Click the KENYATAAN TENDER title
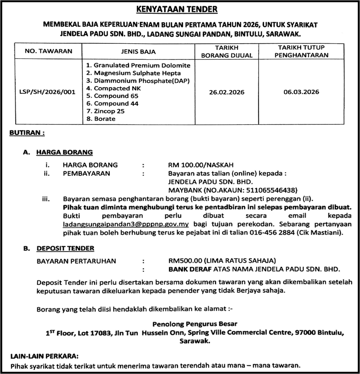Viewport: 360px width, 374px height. pos(177,9)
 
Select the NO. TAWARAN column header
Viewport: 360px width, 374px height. pos(48,51)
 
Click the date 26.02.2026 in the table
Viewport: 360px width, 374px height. pos(227,92)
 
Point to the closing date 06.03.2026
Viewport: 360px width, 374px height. pos(301,92)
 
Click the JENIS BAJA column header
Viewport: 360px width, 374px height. pos(138,51)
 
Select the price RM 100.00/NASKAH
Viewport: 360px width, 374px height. pos(201,165)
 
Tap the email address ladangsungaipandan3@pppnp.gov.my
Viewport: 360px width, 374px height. pos(126,224)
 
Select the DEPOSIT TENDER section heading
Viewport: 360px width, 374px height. pos(65,248)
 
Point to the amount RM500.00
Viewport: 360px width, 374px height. pos(185,261)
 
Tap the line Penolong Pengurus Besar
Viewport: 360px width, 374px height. pos(195,324)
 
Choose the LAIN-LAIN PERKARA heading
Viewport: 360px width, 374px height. pos(44,356)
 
